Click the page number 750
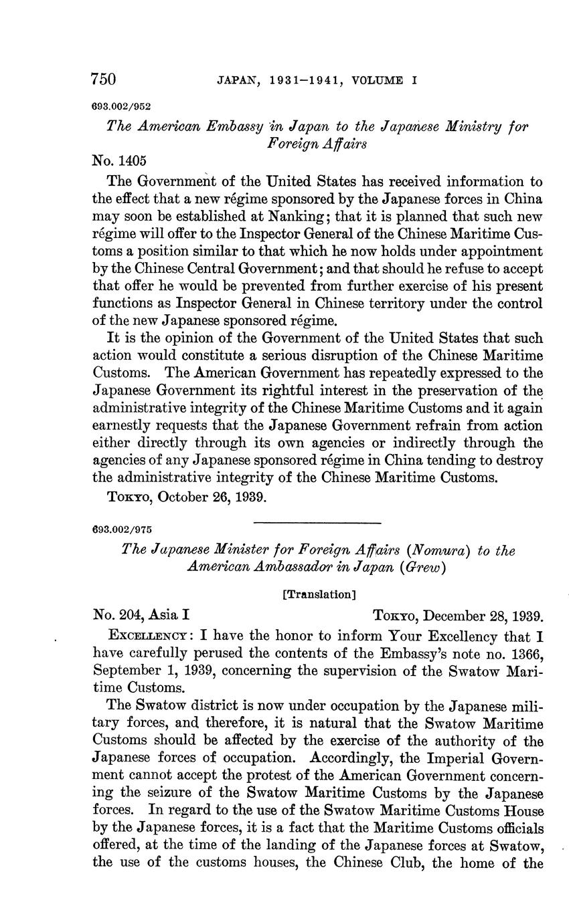[x=104, y=80]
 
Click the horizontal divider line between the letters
[x=317, y=522]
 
